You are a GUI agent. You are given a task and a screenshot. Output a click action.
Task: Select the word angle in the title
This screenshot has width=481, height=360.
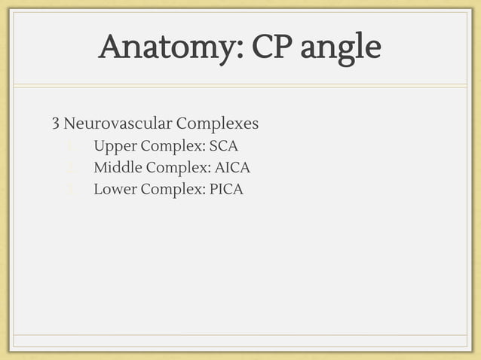pyautogui.click(x=341, y=50)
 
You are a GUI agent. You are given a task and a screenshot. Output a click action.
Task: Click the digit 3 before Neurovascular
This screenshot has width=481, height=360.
pyautogui.click(x=55, y=123)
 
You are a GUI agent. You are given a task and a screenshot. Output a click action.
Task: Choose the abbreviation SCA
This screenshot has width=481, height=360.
pyautogui.click(x=224, y=145)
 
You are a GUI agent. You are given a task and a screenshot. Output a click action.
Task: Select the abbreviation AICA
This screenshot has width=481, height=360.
pyautogui.click(x=233, y=167)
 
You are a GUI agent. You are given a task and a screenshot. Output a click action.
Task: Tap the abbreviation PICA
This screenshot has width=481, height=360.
pyautogui.click(x=227, y=189)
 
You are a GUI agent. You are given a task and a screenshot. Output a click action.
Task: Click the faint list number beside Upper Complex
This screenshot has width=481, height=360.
pyautogui.click(x=69, y=145)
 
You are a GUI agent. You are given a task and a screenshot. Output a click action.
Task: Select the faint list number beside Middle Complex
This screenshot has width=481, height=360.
pyautogui.click(x=69, y=167)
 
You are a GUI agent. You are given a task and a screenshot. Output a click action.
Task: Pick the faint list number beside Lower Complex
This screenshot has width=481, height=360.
pyautogui.click(x=69, y=189)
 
